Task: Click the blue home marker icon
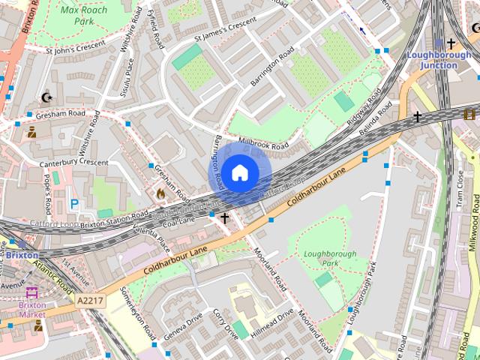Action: tap(239, 173)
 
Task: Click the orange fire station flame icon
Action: tap(160, 193)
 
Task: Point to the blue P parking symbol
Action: tap(73, 203)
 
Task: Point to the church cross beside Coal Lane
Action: tap(223, 217)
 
